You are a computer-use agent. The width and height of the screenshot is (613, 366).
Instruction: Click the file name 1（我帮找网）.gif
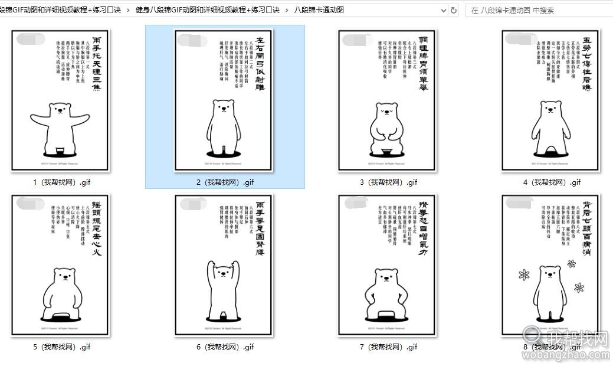[61, 182]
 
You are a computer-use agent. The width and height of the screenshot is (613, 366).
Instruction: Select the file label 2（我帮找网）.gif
[225, 182]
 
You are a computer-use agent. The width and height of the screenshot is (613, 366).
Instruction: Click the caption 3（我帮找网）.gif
[388, 182]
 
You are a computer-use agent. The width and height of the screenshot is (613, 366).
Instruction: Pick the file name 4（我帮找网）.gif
[552, 182]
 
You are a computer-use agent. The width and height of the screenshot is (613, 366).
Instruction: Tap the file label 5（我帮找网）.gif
[61, 347]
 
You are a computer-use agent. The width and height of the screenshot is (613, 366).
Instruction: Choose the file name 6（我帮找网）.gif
[225, 347]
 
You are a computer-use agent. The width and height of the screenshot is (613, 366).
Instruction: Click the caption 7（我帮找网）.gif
[388, 347]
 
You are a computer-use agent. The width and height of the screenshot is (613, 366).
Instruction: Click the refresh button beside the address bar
[453, 10]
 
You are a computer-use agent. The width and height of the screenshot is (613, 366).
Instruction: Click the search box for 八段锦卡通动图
[537, 10]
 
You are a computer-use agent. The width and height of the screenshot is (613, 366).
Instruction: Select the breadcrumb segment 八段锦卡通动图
[319, 10]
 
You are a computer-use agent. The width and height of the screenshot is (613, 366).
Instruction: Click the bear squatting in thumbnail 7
[387, 292]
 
